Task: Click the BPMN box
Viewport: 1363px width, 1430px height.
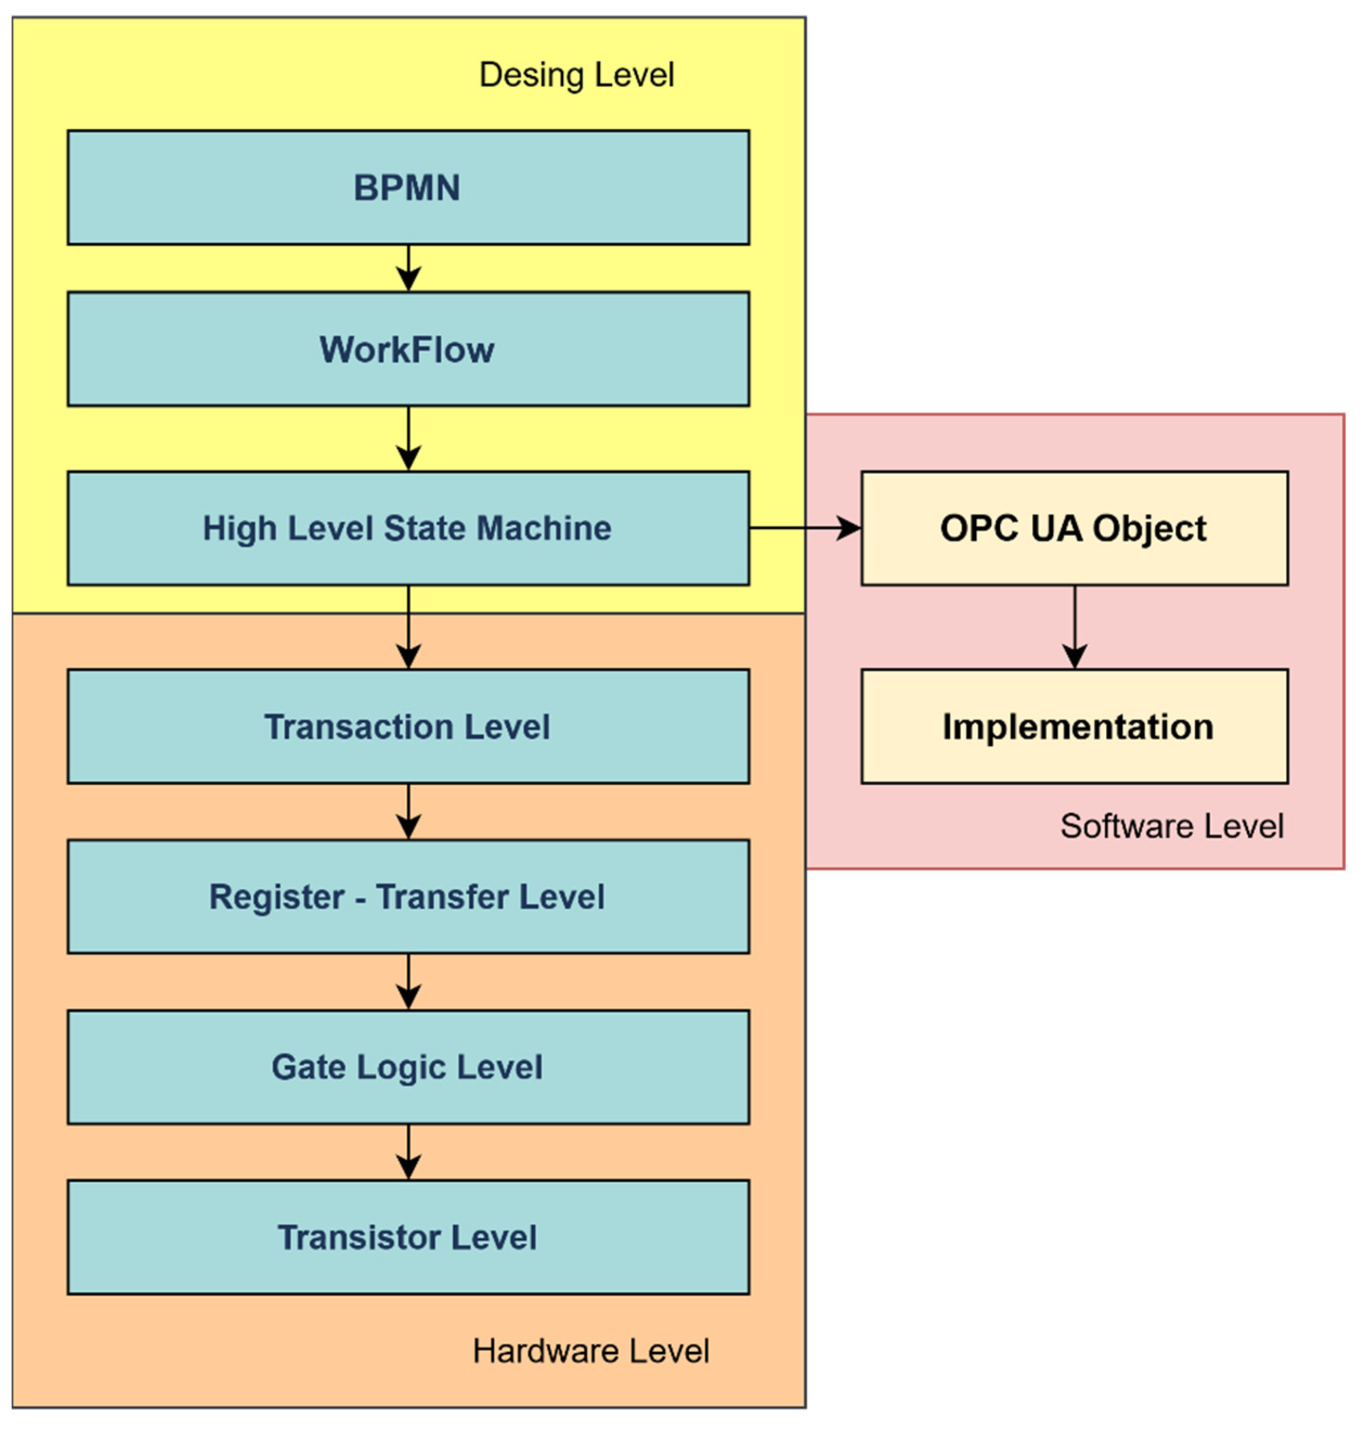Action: coord(407,187)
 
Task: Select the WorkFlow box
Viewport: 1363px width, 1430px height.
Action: coord(407,349)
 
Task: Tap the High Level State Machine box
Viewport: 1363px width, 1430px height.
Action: coord(407,528)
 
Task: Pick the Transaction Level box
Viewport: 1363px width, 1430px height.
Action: coord(407,726)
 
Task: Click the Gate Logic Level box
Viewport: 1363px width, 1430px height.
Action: coord(407,1067)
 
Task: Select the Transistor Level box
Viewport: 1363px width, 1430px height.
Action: coord(407,1237)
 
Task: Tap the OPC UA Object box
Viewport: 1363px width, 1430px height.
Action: coord(1074,528)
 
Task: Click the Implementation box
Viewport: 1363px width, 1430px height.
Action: coord(1074,726)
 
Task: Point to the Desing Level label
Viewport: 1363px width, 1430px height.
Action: coord(576,75)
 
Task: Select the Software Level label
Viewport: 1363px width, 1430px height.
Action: coord(1171,826)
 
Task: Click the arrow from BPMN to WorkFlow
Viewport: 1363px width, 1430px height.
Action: coord(408,268)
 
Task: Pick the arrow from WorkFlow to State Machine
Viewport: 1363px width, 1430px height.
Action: coord(408,438)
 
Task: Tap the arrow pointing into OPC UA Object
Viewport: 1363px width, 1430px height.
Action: coord(805,528)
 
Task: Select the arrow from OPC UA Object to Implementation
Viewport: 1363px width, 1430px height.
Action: coord(1075,627)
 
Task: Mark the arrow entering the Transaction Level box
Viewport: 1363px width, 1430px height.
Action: coord(408,627)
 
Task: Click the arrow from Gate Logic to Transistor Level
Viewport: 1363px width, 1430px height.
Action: coord(408,1151)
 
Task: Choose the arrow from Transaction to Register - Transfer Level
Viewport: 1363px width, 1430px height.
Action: coord(408,811)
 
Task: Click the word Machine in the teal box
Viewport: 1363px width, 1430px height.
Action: coord(543,528)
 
